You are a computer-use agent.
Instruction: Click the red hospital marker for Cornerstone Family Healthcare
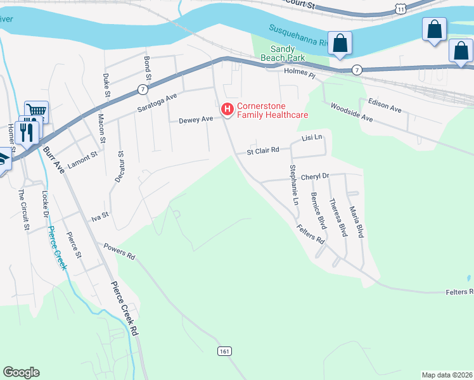[x=226, y=110]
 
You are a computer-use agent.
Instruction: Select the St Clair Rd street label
[x=263, y=151]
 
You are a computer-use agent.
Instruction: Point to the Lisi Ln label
[x=312, y=137]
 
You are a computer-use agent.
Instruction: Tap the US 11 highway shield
[x=400, y=8]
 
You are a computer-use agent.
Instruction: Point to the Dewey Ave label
[x=196, y=119]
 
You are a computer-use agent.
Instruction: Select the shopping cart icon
[x=37, y=111]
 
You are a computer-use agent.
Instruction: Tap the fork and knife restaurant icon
[x=27, y=131]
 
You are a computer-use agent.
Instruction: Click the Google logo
[x=21, y=372]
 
